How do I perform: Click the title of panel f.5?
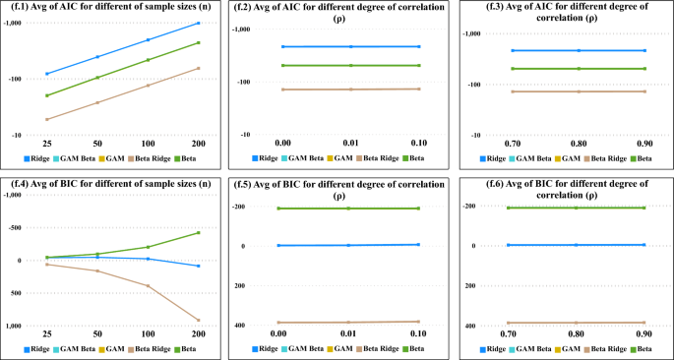tap(349, 183)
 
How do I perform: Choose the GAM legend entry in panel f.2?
tap(340, 157)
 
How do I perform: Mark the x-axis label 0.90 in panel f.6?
tap(643, 334)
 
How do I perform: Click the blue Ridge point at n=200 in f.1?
tap(198, 23)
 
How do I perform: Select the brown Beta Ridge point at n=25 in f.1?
tap(46, 119)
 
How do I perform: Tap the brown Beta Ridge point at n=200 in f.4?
tap(198, 320)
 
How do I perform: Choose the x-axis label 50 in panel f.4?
tap(96, 334)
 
